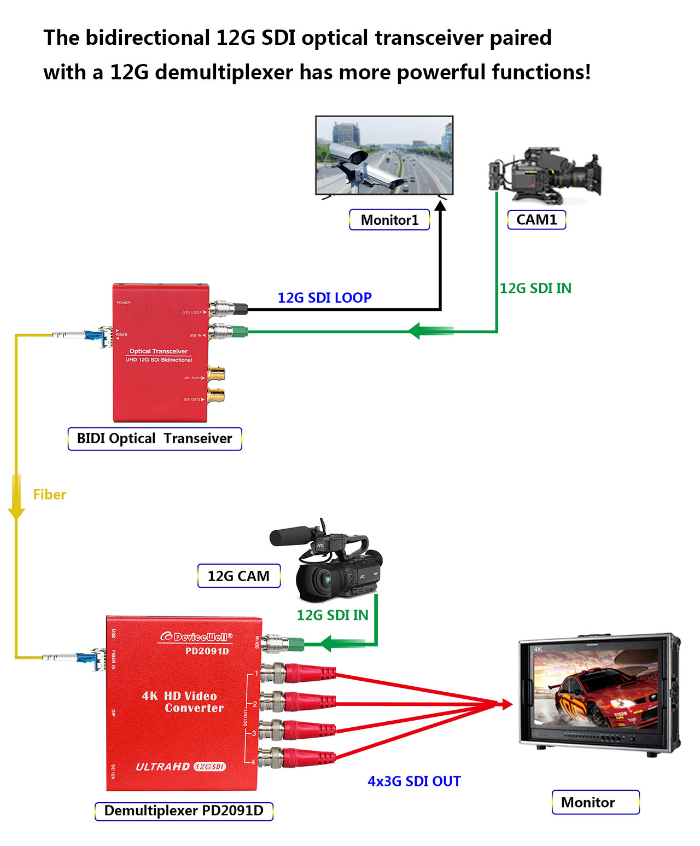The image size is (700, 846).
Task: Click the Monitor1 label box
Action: [389, 220]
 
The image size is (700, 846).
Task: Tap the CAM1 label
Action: [536, 219]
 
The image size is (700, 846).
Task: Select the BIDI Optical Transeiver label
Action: [155, 439]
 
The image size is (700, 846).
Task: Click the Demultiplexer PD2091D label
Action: [184, 810]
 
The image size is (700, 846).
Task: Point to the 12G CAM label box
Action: [239, 576]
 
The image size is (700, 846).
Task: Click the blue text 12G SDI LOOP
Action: [325, 298]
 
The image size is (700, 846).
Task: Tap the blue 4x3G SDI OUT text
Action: [414, 781]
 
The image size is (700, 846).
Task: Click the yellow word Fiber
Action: [50, 495]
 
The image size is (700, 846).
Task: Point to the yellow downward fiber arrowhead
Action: [16, 512]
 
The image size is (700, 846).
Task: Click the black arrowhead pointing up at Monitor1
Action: [440, 207]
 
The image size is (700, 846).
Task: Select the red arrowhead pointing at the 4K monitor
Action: [506, 705]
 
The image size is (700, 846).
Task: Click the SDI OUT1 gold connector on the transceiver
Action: [216, 375]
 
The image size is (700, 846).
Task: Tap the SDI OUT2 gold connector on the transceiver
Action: [216, 395]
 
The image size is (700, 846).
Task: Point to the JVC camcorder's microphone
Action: [292, 535]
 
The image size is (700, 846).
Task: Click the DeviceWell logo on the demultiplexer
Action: [196, 637]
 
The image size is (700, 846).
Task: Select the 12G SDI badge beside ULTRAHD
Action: [209, 767]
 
